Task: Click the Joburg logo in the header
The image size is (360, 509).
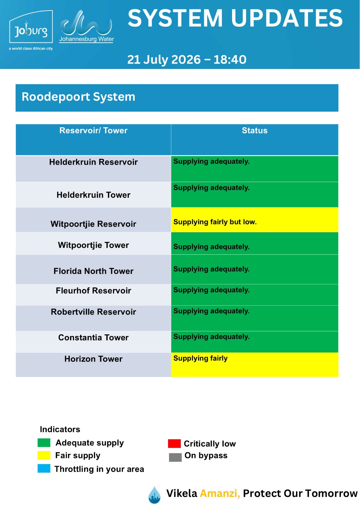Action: [31, 30]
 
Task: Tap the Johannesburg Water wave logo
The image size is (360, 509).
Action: [86, 26]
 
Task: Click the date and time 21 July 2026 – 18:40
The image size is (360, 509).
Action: [187, 59]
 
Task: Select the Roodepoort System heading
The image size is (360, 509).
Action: [78, 97]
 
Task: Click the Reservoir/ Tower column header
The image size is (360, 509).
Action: [93, 131]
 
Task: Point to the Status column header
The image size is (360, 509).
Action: [254, 131]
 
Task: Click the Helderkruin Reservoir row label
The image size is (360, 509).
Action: [93, 162]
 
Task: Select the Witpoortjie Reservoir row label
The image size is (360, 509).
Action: [93, 224]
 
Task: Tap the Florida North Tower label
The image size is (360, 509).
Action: [93, 271]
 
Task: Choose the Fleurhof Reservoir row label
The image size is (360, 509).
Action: [93, 291]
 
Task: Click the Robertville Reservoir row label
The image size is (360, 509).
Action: [93, 312]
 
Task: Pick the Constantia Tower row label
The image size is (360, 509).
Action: [93, 338]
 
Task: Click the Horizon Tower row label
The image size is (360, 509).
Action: [93, 359]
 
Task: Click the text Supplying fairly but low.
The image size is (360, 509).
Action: [215, 222]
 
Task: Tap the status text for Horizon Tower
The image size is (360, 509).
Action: [200, 359]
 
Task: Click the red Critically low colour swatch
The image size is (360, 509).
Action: [174, 443]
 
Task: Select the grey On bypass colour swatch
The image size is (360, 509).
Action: [175, 457]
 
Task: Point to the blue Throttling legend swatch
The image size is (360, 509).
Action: [44, 468]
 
